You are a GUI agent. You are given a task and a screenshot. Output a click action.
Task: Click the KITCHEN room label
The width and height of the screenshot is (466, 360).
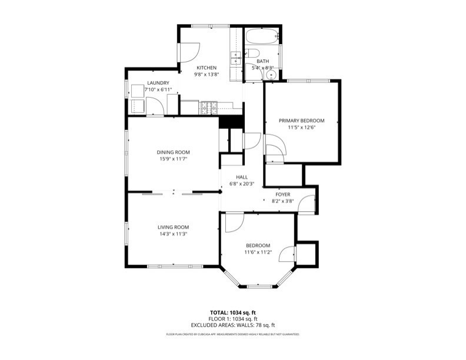tap(206, 68)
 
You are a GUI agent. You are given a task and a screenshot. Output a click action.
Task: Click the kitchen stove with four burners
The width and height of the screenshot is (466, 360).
tap(209, 108)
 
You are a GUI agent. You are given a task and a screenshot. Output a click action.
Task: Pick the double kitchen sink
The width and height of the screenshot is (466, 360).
tap(235, 58)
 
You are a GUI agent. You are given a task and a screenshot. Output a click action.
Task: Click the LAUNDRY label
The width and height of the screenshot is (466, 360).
tap(158, 83)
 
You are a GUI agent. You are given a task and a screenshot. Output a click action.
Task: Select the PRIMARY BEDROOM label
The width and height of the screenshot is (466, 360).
tap(301, 120)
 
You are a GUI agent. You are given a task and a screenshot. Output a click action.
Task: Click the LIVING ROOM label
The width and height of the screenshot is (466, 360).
tap(173, 227)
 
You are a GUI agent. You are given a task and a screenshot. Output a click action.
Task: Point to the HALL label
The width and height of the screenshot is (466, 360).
tap(242, 177)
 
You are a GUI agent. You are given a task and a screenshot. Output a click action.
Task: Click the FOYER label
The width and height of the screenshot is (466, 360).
tap(283, 194)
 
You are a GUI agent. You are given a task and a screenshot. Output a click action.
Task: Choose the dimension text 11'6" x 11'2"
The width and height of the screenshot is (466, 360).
tap(258, 252)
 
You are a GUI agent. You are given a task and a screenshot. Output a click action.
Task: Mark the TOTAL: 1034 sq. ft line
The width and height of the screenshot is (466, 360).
tap(233, 312)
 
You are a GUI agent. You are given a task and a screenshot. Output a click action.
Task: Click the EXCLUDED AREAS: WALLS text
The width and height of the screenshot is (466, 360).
tap(233, 325)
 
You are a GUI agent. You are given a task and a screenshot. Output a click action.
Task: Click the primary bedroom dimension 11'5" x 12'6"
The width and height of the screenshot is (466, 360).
tap(301, 127)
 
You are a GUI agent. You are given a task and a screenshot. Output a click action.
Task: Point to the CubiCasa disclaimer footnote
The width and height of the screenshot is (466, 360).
tap(233, 334)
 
